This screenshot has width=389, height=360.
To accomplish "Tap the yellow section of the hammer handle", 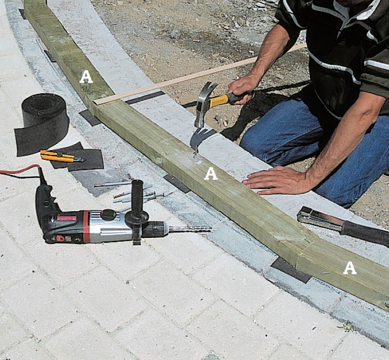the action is coord(219,101).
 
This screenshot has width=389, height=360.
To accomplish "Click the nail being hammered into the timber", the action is coord(196,153).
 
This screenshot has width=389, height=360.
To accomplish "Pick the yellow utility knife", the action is coord(62,157).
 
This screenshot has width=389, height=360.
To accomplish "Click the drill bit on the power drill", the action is coord(190,230).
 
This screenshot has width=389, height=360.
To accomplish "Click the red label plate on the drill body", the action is coord(67,219).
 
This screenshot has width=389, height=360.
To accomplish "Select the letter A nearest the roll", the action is coord(86,77).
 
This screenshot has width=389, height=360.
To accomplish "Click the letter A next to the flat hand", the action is coord(211,173).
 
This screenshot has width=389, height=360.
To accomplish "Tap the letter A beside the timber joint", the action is coord(350,268).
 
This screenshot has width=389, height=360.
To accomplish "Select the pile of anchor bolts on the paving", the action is coord(132,192).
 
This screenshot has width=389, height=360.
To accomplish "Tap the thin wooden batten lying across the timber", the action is coord(200,74).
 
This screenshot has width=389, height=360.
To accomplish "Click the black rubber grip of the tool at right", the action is coord(365,233).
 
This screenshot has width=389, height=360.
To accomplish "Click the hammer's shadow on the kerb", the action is coord(201,137).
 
